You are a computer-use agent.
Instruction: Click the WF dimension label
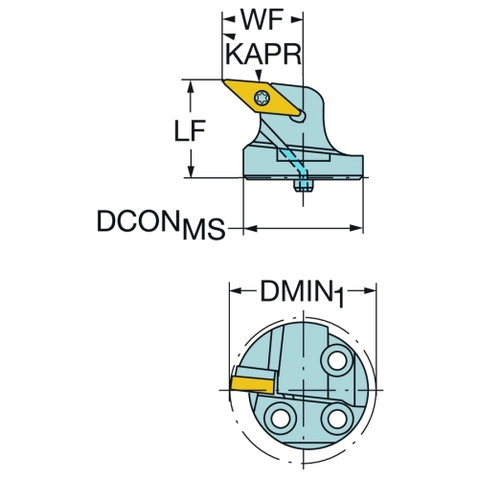262,20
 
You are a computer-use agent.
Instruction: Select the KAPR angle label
263,54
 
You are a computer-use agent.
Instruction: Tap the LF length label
190,131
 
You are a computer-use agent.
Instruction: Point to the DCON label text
138,221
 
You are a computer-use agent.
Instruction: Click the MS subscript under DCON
204,229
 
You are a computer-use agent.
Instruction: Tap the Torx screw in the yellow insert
262,98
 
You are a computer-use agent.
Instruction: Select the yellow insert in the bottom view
252,384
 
